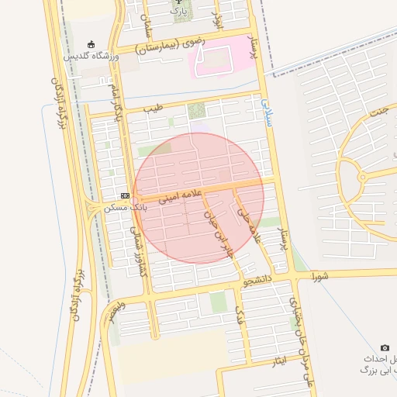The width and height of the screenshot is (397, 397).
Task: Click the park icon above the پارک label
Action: [x=178, y=3]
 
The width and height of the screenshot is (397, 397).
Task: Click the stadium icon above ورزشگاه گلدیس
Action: [x=91, y=44]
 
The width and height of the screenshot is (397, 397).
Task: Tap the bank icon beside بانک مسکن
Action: [x=125, y=196]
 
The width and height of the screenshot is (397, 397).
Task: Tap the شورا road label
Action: [x=320, y=275]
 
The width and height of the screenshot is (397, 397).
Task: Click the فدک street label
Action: [x=240, y=315]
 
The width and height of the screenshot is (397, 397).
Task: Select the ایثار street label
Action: [x=278, y=360]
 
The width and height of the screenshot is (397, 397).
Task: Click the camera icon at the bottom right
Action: [x=385, y=348]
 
